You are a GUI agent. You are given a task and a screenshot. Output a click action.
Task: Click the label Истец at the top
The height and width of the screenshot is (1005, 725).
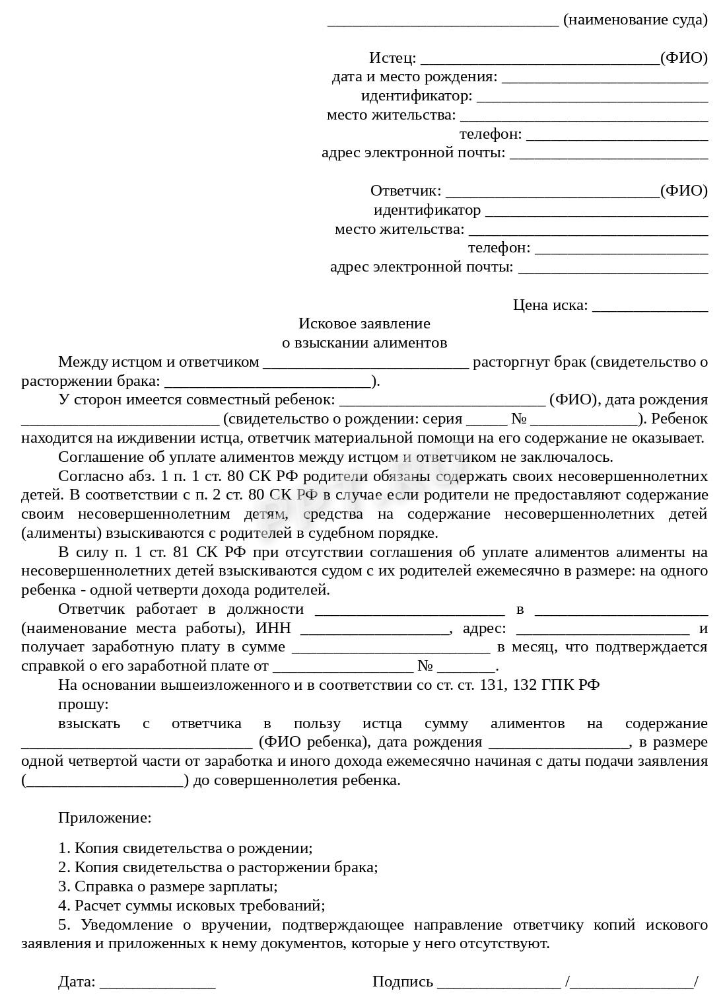point(392,58)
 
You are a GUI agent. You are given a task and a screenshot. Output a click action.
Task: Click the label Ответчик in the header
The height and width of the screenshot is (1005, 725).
point(405,191)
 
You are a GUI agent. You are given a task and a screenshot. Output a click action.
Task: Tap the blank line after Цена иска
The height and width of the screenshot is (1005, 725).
point(650,306)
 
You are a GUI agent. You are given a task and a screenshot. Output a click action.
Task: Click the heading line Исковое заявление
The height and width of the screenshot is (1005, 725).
point(364,324)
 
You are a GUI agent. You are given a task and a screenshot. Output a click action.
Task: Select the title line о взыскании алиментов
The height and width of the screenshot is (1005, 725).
point(364,343)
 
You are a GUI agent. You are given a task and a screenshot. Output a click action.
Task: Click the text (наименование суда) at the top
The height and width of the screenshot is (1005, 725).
point(635,20)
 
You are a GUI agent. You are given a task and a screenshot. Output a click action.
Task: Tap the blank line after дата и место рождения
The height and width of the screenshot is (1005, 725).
point(604,78)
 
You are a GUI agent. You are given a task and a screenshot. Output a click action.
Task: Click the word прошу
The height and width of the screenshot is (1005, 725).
point(83,704)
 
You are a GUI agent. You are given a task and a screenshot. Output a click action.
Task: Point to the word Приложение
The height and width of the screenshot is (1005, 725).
point(104,818)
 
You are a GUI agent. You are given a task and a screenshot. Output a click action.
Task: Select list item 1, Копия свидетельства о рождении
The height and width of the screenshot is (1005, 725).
point(186,848)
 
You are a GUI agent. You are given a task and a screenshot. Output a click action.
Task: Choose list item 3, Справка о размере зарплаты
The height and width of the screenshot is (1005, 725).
point(168,887)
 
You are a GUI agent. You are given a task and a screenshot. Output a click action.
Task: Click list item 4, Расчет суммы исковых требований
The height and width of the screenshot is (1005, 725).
point(191,906)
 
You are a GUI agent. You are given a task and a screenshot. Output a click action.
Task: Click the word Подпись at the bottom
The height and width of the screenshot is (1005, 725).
point(402,982)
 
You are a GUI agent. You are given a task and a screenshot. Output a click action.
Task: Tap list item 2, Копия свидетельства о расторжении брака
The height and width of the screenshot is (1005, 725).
point(218,868)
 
